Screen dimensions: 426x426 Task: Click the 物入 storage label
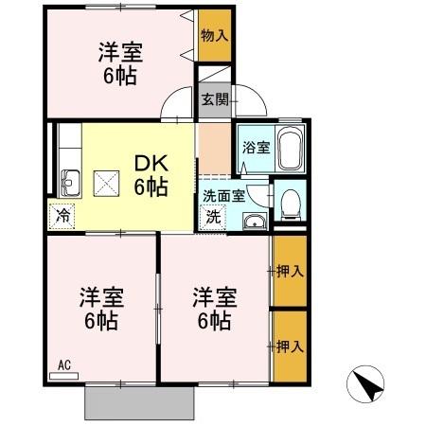pos(214,35)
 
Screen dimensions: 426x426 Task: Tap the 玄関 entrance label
pos(214,99)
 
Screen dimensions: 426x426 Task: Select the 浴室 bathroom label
pos(255,147)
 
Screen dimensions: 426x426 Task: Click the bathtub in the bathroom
pos(289,150)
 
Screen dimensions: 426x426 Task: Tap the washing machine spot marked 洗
pos(214,215)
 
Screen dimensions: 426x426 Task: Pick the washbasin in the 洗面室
pos(253,222)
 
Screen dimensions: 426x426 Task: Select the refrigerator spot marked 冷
pos(62,214)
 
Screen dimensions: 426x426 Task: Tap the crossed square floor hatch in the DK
pos(105,180)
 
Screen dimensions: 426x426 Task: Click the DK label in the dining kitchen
pos(150,175)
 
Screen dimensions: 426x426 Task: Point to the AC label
pos(64,364)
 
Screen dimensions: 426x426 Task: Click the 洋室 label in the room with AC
pos(98,309)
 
